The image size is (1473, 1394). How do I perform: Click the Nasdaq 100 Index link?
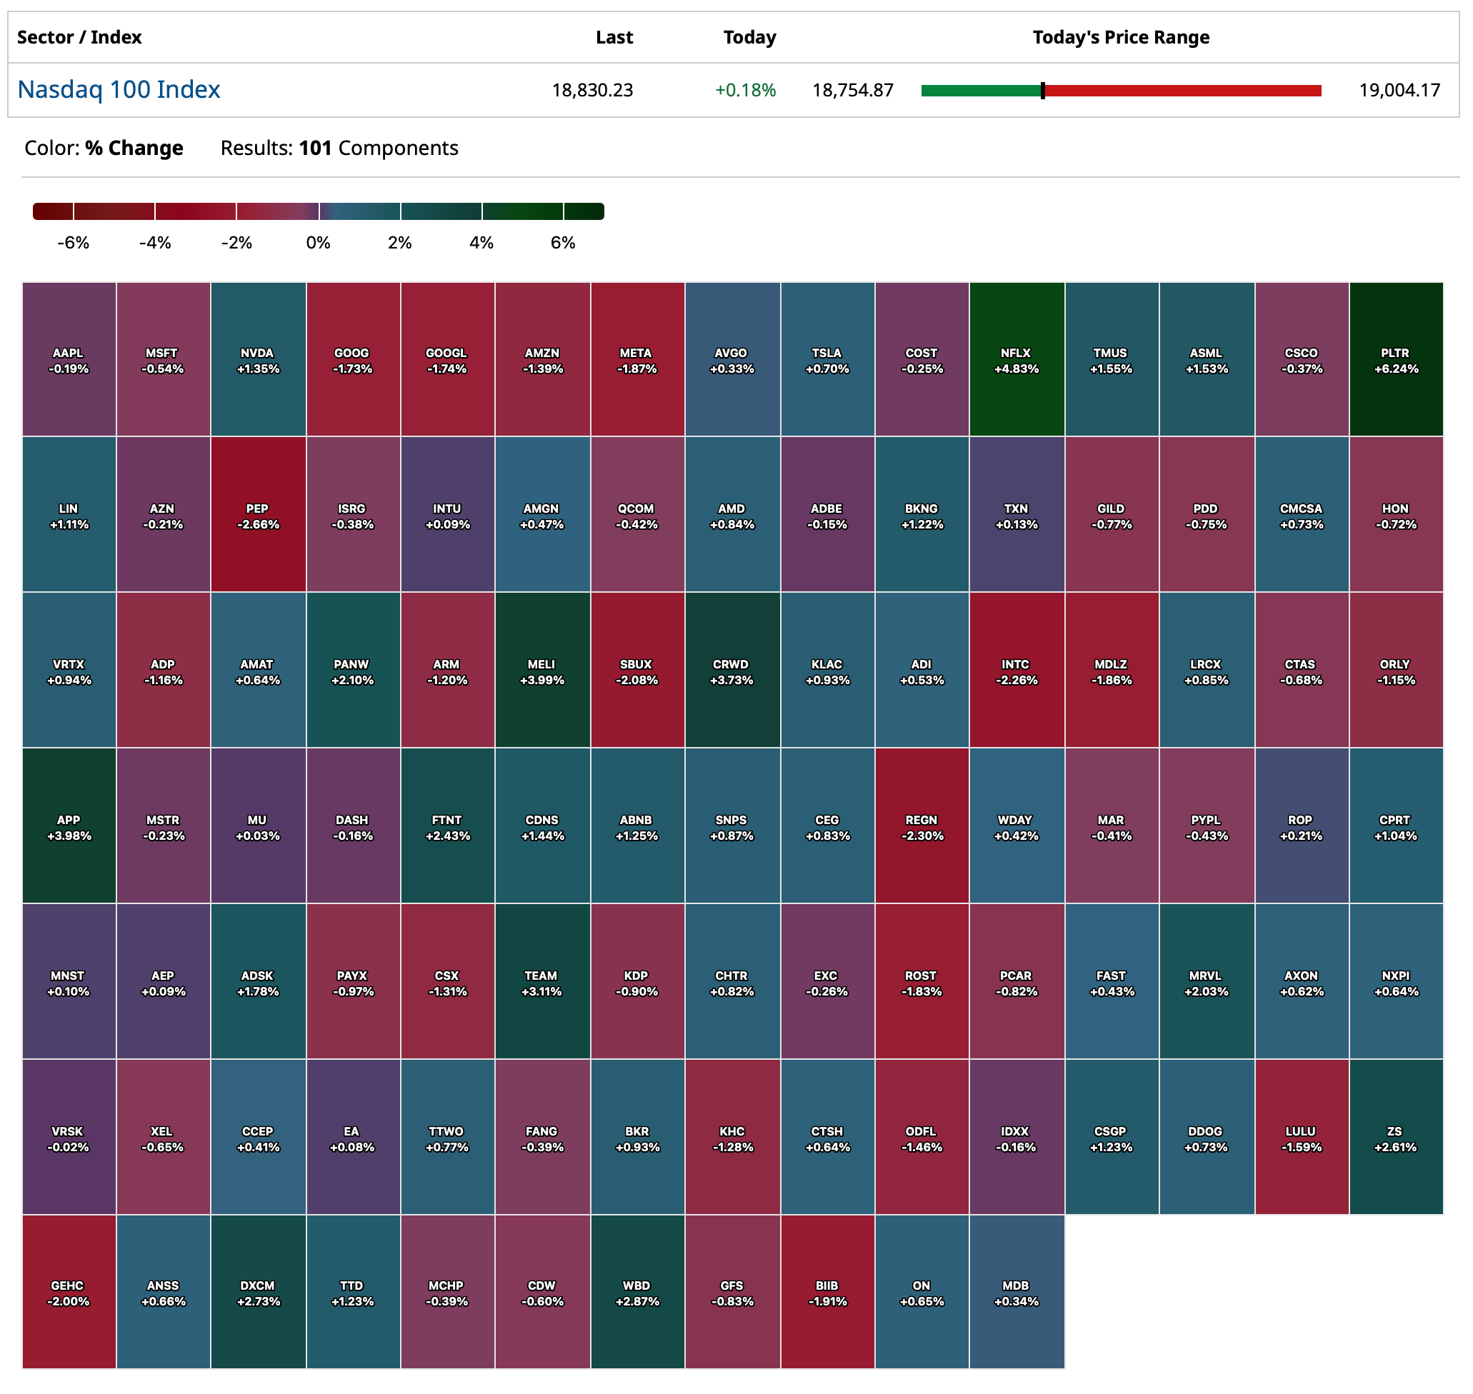tap(119, 90)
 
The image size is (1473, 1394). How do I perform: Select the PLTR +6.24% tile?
tap(1395, 360)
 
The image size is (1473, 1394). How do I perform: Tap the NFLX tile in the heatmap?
tap(1015, 360)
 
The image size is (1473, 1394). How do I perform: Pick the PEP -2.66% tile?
tap(257, 515)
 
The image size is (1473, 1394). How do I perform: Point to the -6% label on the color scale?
tap(73, 243)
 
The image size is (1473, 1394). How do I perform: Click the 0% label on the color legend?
tap(318, 243)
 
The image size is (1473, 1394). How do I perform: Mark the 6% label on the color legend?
tap(563, 243)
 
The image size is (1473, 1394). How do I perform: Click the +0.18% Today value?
tap(744, 91)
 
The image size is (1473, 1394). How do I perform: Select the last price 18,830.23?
tap(591, 91)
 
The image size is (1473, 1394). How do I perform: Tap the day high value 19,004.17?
tap(1399, 91)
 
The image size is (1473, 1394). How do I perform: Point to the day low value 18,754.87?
tap(852, 91)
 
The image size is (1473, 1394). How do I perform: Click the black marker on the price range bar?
tap(1042, 91)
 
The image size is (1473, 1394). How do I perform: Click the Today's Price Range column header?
tap(1120, 37)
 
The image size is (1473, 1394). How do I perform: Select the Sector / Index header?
tap(79, 37)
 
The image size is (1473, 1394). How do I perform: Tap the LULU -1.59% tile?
tap(1301, 1138)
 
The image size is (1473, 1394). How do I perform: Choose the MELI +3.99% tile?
tap(541, 671)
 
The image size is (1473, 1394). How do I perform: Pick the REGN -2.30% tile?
tap(921, 826)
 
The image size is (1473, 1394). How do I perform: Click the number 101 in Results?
tap(315, 148)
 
